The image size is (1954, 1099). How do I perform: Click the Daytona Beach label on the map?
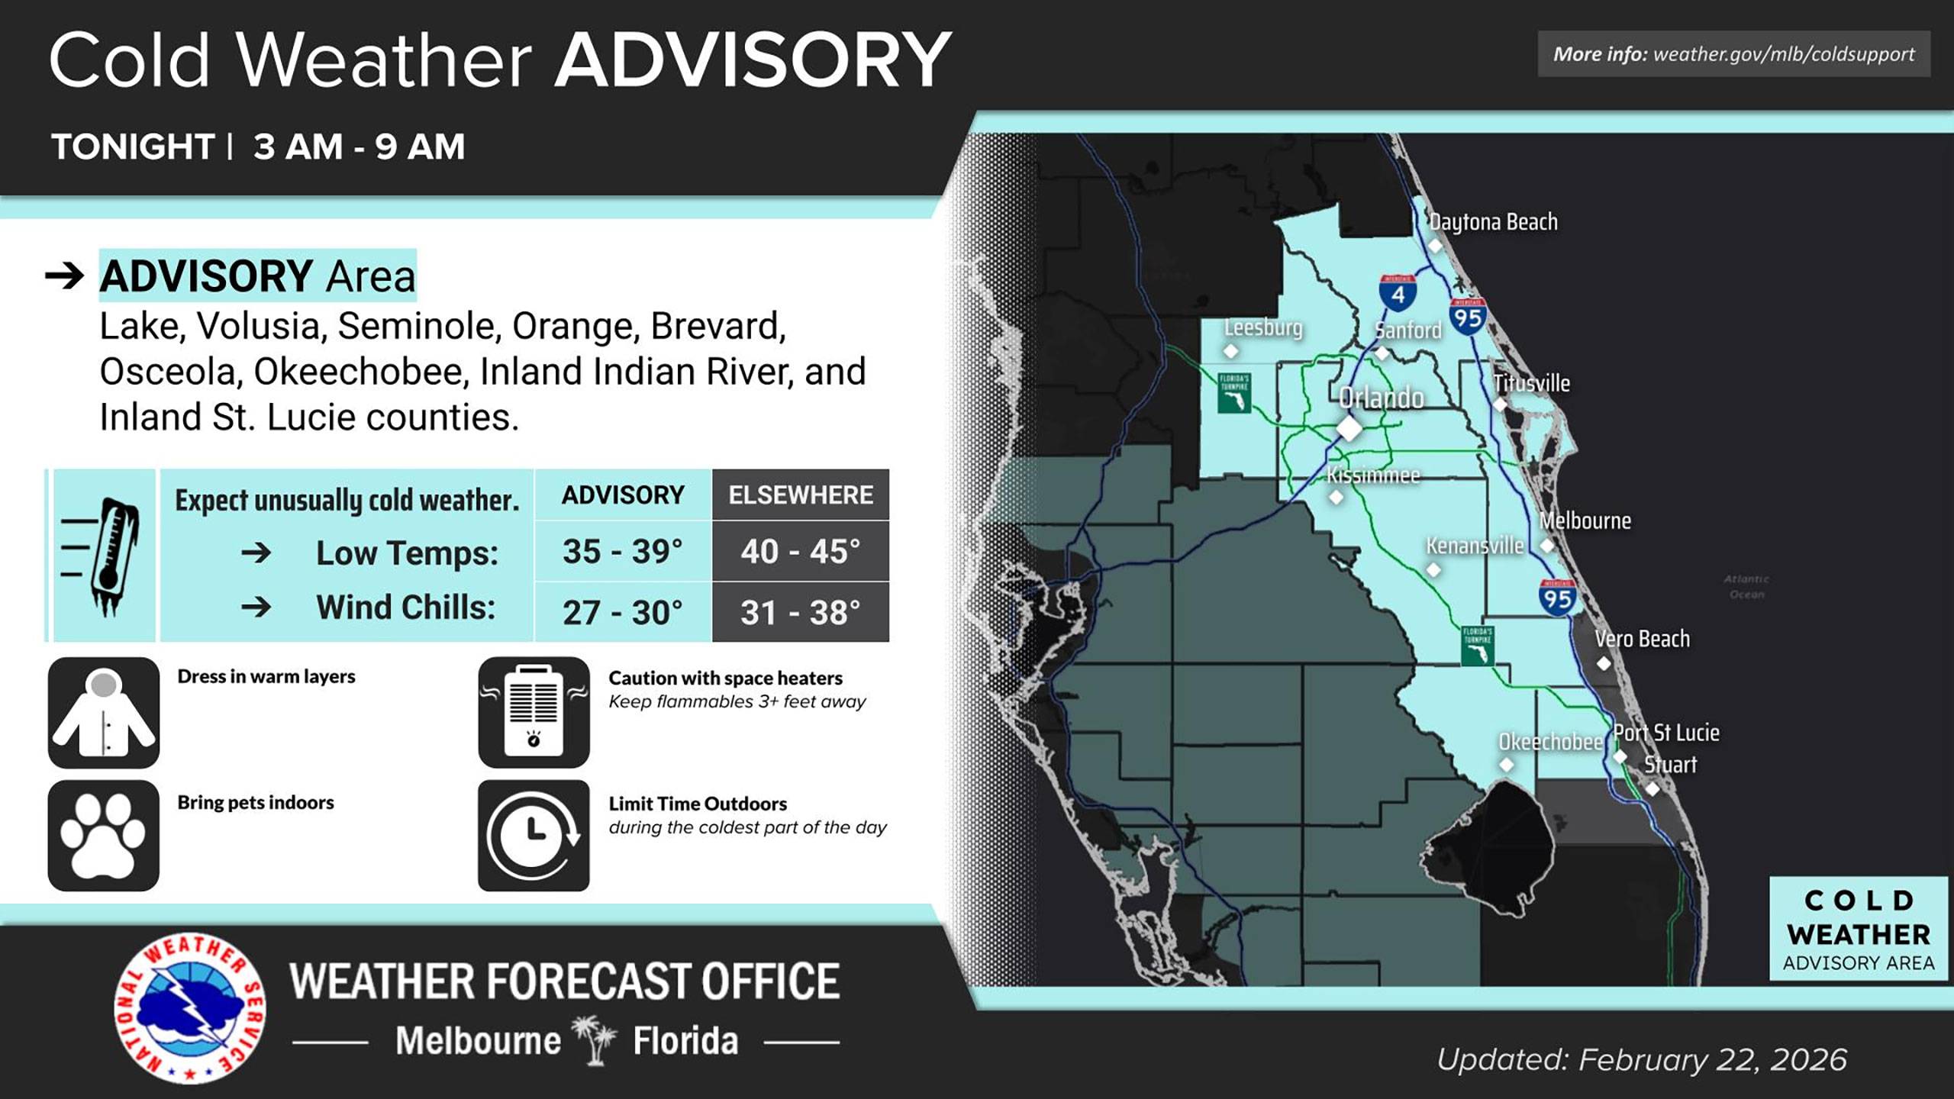point(1493,222)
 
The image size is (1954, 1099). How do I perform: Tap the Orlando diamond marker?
point(1349,428)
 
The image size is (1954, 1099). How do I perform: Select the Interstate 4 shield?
point(1398,292)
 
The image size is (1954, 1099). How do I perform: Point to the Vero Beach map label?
point(1642,639)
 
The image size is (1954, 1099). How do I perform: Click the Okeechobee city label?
point(1549,742)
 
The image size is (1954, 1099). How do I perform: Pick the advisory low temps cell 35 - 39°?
point(622,551)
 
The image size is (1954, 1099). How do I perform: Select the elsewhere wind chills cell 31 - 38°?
point(800,612)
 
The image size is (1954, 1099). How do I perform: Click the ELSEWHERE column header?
point(800,495)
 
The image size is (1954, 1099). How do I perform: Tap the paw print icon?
point(104,835)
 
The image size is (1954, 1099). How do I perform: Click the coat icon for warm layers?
point(104,713)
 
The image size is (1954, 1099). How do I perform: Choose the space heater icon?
point(534,713)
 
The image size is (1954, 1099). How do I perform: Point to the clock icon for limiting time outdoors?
point(534,835)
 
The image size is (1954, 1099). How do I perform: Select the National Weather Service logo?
point(190,1007)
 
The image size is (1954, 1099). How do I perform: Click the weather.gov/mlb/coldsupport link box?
point(1733,54)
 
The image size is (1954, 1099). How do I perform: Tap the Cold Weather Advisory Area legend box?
point(1858,929)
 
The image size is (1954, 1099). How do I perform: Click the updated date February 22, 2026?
point(1641,1060)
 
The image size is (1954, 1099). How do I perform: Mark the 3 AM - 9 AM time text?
point(359,147)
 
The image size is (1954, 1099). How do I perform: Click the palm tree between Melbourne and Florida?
point(595,1039)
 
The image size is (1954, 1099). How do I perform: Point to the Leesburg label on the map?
point(1262,327)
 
